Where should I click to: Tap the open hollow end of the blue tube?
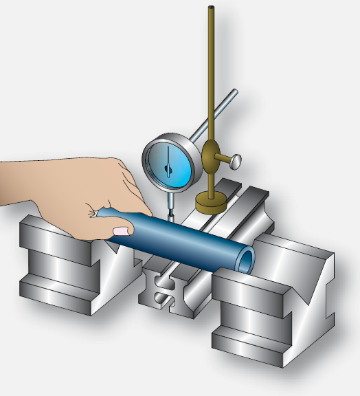245,258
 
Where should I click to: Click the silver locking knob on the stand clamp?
236,162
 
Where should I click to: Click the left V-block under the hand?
62,261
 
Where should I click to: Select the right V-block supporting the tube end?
275,302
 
